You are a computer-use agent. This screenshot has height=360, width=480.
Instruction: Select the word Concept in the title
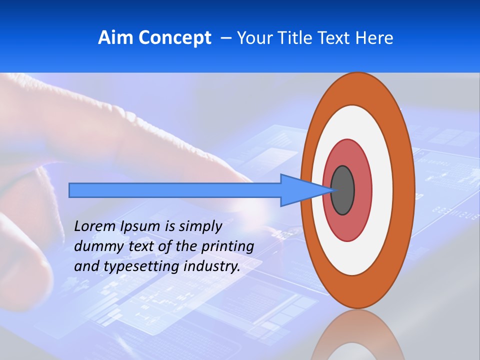(174, 38)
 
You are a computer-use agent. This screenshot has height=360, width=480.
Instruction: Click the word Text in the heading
(334, 38)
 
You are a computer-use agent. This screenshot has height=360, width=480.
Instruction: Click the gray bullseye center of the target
(343, 190)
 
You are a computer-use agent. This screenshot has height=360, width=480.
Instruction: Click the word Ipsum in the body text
(141, 226)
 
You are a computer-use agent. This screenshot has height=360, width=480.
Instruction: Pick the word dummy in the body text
(95, 246)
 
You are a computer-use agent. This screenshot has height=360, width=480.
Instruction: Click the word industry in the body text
(212, 266)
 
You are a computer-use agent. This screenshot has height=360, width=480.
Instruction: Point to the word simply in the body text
(200, 226)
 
